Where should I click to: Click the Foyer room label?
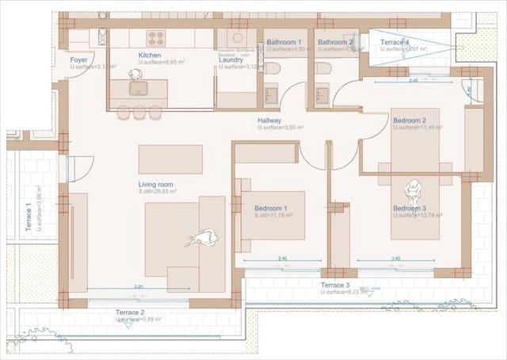click(x=79, y=59)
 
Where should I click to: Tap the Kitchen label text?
click(x=150, y=55)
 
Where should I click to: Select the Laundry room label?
click(x=231, y=59)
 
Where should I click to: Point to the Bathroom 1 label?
click(x=284, y=42)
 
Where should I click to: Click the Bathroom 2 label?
click(x=334, y=42)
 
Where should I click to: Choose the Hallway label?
click(x=269, y=121)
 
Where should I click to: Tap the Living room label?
click(x=155, y=184)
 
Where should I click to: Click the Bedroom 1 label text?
click(x=270, y=208)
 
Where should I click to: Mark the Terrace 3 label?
click(x=334, y=285)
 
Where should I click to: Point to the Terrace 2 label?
click(x=130, y=312)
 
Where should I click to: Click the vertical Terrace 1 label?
click(x=29, y=216)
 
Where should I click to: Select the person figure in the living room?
click(x=205, y=238)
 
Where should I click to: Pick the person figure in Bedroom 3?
click(x=412, y=192)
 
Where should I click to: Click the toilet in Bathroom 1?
click(x=273, y=68)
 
